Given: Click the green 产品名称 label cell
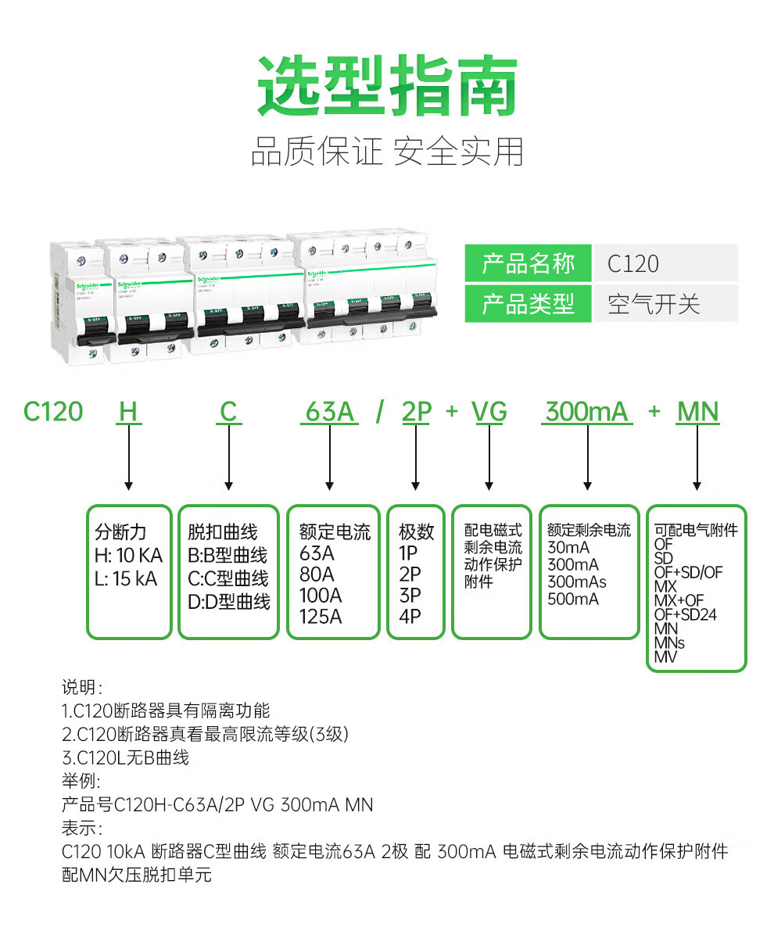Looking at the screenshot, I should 528,263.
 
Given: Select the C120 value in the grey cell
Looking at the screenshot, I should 633,263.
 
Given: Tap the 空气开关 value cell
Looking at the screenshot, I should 654,303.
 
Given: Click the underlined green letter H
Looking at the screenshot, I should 128,411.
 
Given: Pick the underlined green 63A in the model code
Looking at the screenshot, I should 329,411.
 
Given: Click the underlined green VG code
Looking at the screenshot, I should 490,411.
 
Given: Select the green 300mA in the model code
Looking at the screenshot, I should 586,411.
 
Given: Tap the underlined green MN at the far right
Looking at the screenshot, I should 697,411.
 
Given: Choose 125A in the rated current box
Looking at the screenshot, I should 321,617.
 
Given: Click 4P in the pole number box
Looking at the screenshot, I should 410,617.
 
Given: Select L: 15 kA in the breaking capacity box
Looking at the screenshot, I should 126,579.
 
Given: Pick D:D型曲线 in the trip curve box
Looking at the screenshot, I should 228,602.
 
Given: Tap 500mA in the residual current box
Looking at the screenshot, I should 573,599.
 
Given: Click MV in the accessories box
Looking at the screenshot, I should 665,657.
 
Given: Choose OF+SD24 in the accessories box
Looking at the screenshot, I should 685,614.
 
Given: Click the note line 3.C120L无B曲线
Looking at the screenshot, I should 125,757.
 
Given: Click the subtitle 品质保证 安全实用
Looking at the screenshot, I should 387,151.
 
